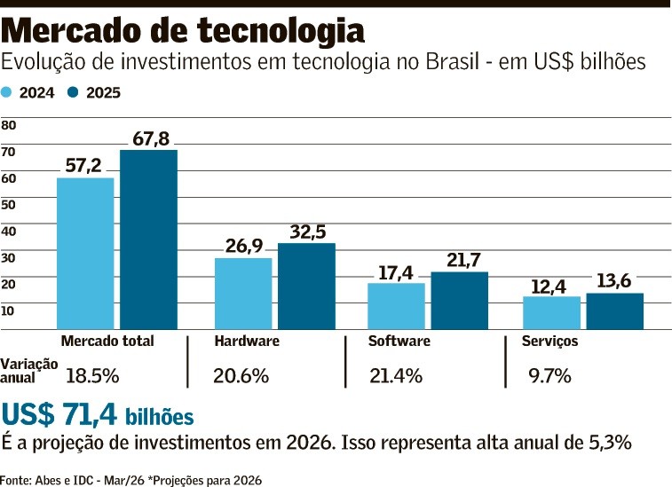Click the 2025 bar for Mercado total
tap(148, 240)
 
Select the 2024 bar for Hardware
tap(243, 294)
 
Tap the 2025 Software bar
tap(459, 301)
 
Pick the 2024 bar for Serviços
tap(551, 313)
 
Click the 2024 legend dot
tap(7, 92)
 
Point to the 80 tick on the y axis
tap(9, 126)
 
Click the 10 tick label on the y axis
tap(9, 310)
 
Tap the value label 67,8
tap(151, 138)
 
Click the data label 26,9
tap(243, 246)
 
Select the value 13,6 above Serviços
tap(614, 281)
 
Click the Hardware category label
tap(247, 342)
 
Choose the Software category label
tap(399, 342)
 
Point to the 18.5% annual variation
tap(92, 375)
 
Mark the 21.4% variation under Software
tap(396, 375)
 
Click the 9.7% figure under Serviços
tap(549, 375)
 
